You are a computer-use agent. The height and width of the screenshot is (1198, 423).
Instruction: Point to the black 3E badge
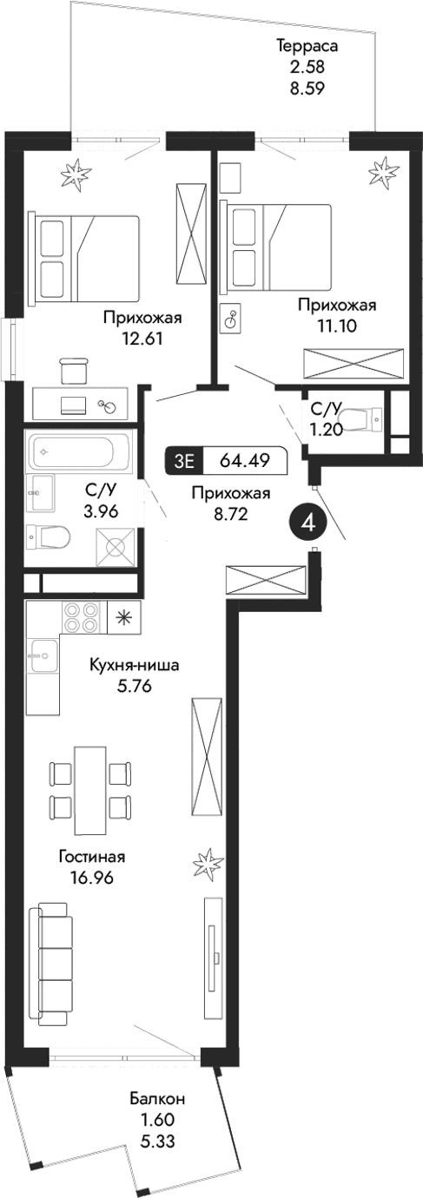tap(182, 461)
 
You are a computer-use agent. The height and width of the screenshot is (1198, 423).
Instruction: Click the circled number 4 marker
tap(307, 522)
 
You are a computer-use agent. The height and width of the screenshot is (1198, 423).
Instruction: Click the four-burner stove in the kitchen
tap(81, 617)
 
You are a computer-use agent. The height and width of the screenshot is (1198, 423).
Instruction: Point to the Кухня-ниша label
tap(135, 667)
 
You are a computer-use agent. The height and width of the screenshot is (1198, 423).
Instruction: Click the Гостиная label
tap(92, 856)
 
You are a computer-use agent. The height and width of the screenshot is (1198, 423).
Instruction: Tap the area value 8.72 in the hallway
tap(230, 514)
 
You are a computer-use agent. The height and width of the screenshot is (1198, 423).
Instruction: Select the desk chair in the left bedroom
tap(76, 371)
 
